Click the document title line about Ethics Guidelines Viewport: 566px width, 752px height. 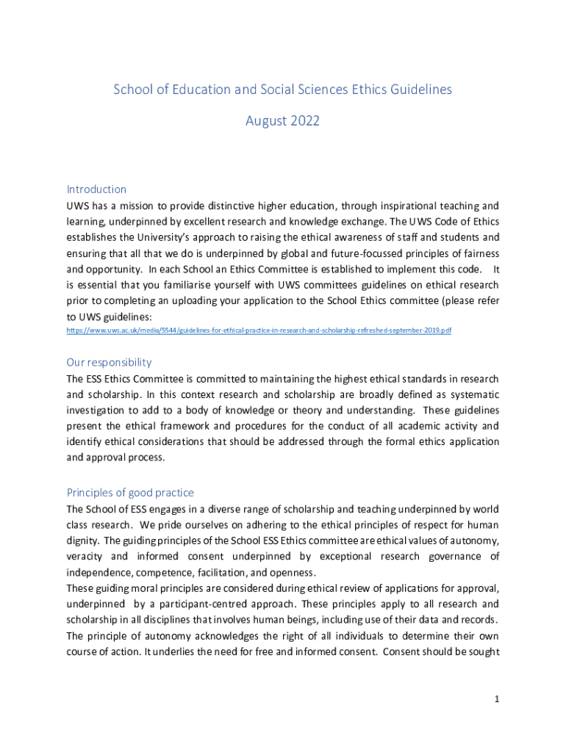(282, 90)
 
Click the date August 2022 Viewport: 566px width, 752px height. (282, 120)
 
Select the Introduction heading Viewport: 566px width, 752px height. (96, 189)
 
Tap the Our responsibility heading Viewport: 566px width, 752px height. (109, 362)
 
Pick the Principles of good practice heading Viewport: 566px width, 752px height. (130, 492)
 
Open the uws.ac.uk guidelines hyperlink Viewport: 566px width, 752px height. (259, 330)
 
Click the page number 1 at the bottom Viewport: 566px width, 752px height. (497, 700)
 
